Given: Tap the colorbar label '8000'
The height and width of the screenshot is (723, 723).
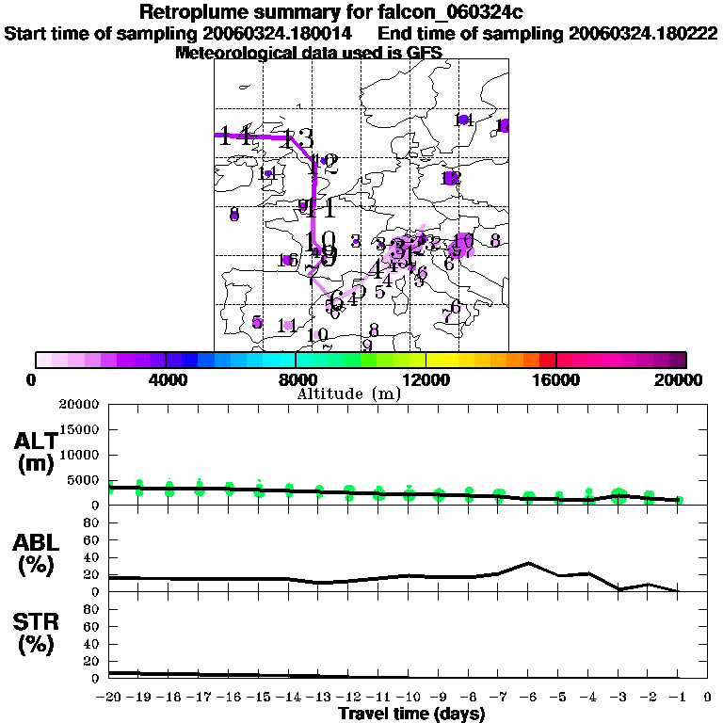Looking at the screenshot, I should [x=297, y=379].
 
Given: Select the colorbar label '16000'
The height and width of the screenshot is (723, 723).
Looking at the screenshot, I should [x=556, y=379].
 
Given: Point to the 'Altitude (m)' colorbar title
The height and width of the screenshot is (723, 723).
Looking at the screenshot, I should [x=348, y=394].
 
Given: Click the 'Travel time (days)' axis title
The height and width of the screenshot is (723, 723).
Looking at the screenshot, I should [x=411, y=714].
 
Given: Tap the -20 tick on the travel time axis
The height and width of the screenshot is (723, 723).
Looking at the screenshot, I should [x=110, y=697].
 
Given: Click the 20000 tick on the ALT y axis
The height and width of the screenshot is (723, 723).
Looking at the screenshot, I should [x=78, y=405].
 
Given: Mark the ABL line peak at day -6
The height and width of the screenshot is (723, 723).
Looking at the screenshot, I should [x=529, y=563].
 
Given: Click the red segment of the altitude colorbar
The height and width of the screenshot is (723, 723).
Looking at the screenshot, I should [x=548, y=360].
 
